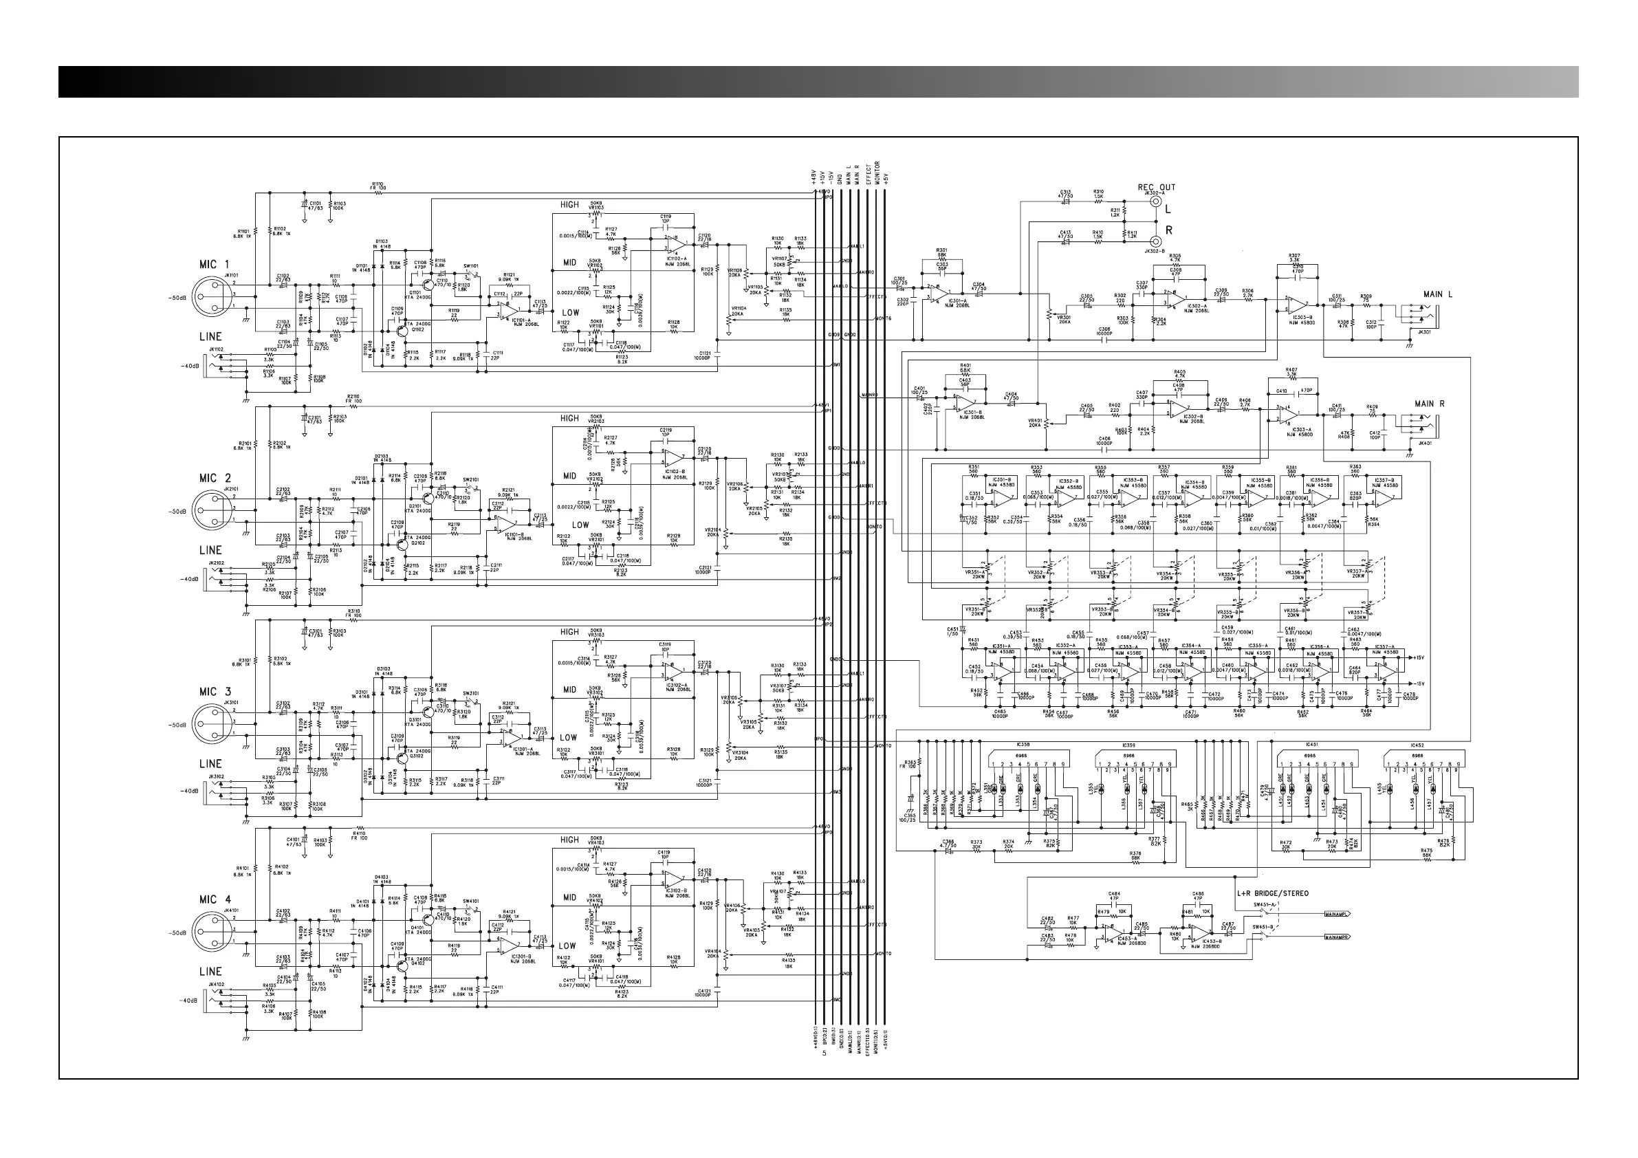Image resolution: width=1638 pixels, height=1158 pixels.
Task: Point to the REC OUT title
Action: pyautogui.click(x=1157, y=188)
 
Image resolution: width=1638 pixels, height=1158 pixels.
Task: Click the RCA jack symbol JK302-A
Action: pyautogui.click(x=1157, y=202)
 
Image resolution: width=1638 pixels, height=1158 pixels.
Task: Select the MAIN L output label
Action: pyautogui.click(x=1437, y=294)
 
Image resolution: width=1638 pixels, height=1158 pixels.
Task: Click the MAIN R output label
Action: pyautogui.click(x=1430, y=404)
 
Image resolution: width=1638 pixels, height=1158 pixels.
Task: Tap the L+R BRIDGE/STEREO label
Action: pyautogui.click(x=1273, y=893)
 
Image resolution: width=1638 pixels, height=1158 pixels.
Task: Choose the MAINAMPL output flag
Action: pyautogui.click(x=1337, y=914)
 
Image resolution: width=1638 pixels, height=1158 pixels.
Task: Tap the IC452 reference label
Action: pyautogui.click(x=1416, y=745)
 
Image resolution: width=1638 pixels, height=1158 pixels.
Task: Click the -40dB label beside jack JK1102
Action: pyautogui.click(x=191, y=367)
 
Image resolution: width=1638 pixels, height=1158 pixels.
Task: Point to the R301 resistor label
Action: pyautogui.click(x=941, y=250)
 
